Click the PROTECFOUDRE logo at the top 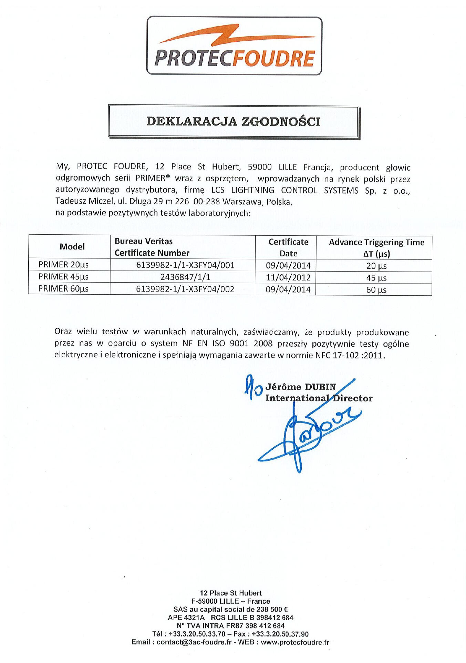pos(234,46)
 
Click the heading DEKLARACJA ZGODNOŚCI pos(234,122)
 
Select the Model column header pos(72,246)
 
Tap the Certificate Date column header pos(288,247)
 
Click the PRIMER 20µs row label pos(63,265)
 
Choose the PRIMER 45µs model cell pos(63,277)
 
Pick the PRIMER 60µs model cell pos(63,289)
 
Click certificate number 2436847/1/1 pos(185,277)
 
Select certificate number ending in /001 pos(185,265)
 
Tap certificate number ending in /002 pos(185,289)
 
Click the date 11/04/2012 pos(288,277)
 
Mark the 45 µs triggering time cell pos(376,278)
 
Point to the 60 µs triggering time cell pos(376,290)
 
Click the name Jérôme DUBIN pos(300,387)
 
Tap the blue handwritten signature pos(307,431)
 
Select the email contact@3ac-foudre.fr pos(194,642)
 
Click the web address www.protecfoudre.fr pos(295,642)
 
